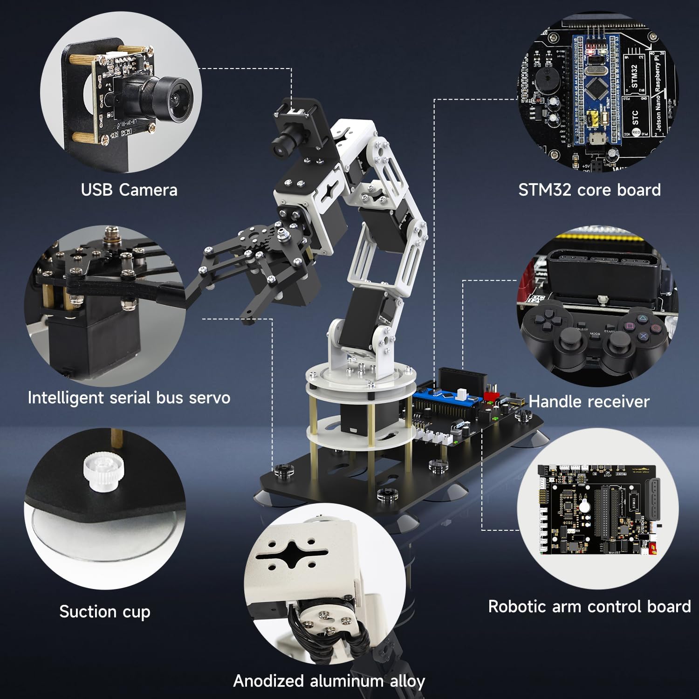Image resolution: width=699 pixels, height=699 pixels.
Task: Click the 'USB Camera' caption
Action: coord(129,190)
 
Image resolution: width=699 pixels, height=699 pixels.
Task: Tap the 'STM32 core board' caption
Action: coord(589,190)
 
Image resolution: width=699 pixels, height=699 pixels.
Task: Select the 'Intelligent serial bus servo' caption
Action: coord(129,398)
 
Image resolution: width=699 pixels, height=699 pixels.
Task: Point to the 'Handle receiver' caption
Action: coord(589,402)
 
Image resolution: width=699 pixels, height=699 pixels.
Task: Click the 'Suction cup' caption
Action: coord(105,611)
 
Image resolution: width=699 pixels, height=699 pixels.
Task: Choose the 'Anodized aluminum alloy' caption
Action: coord(329,681)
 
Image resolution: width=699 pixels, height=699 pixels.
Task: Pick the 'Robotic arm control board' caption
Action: coord(589,607)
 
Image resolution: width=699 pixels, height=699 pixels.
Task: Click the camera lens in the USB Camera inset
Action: coord(175,98)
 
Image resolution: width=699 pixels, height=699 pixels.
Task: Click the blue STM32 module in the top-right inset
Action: coord(596,89)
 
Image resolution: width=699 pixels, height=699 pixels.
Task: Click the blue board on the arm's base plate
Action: coord(447,396)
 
